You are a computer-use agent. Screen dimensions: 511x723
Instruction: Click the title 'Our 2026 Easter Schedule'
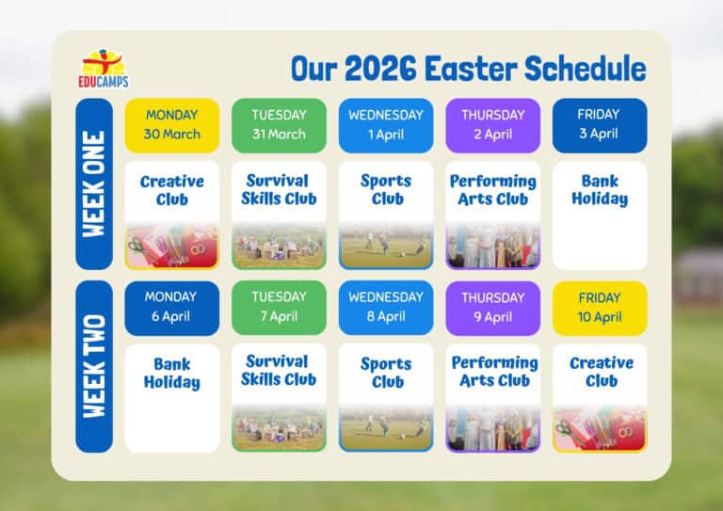[x=468, y=69]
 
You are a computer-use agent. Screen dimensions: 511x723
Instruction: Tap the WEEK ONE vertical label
[x=94, y=184]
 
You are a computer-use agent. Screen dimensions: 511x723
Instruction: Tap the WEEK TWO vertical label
[x=94, y=366]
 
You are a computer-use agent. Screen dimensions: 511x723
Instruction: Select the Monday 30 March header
[x=172, y=124]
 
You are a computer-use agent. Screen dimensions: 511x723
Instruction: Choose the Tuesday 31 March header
[x=279, y=124]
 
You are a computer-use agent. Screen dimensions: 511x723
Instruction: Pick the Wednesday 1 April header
[x=386, y=124]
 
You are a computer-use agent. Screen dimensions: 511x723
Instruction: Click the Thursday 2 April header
[x=492, y=124]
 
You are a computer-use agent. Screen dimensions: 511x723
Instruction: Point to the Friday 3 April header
[x=599, y=124]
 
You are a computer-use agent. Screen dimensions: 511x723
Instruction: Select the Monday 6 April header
[x=172, y=307]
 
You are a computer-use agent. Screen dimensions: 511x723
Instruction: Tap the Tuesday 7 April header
[x=279, y=307]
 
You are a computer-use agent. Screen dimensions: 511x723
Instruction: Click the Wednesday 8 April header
[x=386, y=307]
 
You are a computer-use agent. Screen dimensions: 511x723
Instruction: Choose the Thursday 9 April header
[x=492, y=307]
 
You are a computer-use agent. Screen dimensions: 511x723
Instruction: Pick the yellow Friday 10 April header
[x=599, y=307]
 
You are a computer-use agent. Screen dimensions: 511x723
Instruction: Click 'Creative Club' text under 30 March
[x=172, y=190]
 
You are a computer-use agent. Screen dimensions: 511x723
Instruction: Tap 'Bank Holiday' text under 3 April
[x=599, y=190]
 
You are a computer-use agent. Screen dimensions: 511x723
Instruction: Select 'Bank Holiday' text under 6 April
[x=172, y=373]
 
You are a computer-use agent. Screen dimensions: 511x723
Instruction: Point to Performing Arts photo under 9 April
[x=492, y=428]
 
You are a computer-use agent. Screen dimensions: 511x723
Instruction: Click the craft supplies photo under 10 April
[x=599, y=428]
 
